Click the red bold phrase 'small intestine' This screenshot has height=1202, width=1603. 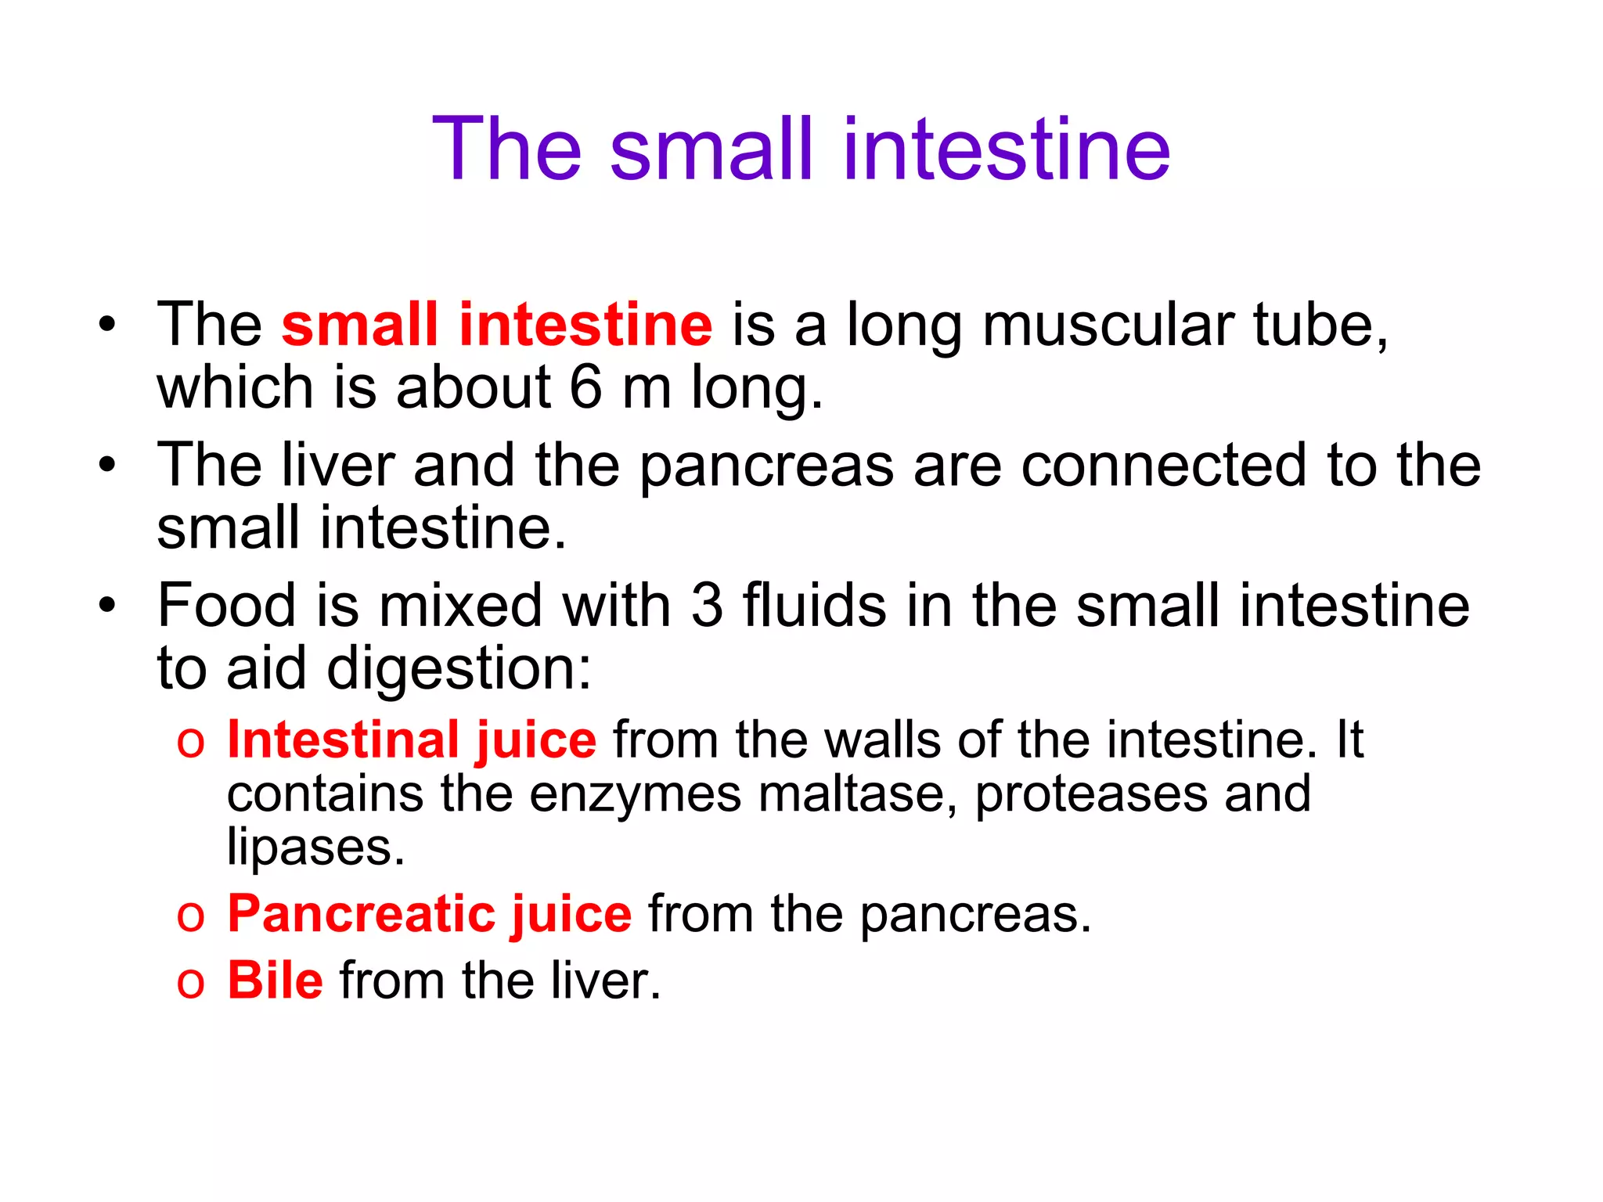point(497,325)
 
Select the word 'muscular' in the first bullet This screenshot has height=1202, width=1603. point(1108,325)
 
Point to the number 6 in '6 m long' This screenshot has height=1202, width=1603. point(585,387)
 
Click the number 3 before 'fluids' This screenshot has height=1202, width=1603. point(707,606)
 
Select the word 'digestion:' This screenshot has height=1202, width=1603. point(459,670)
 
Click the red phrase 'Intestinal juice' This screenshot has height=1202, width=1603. point(412,740)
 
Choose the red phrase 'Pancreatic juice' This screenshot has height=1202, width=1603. point(429,914)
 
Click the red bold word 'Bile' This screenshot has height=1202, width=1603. point(275,980)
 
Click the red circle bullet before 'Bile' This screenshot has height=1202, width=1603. point(190,983)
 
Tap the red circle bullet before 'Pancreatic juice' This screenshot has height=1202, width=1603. point(190,916)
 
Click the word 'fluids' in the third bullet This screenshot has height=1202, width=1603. point(815,606)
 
